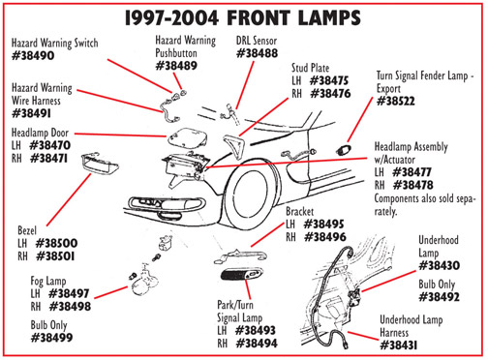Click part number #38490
pyautogui.click(x=33, y=56)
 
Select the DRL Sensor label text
pyautogui.click(x=257, y=41)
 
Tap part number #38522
pyautogui.click(x=396, y=102)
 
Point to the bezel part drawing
pyautogui.click(x=100, y=163)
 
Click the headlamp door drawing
pyautogui.click(x=187, y=137)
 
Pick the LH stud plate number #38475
pyautogui.click(x=329, y=80)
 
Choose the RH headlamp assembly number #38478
pyautogui.click(x=413, y=185)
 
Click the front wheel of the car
pyautogui.click(x=251, y=195)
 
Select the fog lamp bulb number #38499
pyautogui.click(x=51, y=338)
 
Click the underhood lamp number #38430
pyautogui.click(x=439, y=265)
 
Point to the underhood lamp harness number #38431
pyautogui.click(x=399, y=345)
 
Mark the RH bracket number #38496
pyautogui.click(x=325, y=237)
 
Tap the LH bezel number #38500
pyautogui.click(x=56, y=243)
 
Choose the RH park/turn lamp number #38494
pyautogui.click(x=257, y=344)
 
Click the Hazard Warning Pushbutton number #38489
pyautogui.click(x=176, y=66)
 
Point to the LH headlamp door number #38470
pyautogui.click(x=49, y=145)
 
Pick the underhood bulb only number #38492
pyautogui.click(x=439, y=297)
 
